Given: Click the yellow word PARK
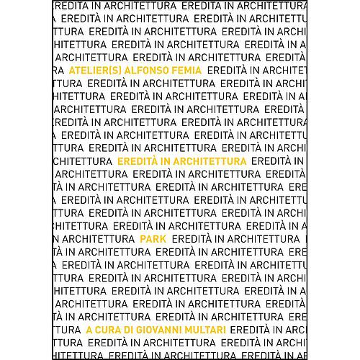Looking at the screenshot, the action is coord(152,238).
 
